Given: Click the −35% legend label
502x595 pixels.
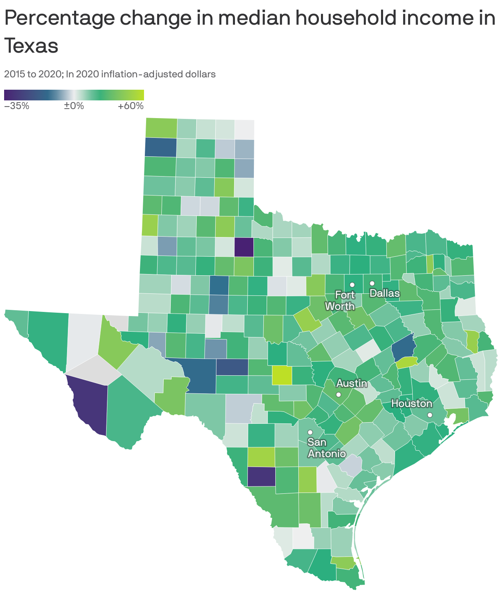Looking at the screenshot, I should click(16, 106).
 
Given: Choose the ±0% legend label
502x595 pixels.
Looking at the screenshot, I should click(74, 106).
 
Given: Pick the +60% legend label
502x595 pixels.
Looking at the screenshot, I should click(130, 106).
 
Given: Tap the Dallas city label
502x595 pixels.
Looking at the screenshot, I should click(385, 293).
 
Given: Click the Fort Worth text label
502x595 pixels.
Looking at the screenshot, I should click(340, 300).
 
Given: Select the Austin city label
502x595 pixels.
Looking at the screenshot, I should click(352, 383).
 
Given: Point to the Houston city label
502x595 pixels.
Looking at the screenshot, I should click(411, 404).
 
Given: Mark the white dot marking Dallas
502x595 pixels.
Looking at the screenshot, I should click(372, 283).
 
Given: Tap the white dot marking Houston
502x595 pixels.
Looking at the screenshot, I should click(430, 415).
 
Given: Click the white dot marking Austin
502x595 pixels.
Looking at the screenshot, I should click(338, 394).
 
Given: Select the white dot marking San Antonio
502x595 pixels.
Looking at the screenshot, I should click(310, 432).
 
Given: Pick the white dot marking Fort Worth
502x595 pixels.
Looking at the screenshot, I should click(352, 285).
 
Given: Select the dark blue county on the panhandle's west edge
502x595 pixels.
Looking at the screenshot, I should click(160, 147).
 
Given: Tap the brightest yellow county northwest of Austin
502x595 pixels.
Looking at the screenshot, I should click(282, 375).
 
